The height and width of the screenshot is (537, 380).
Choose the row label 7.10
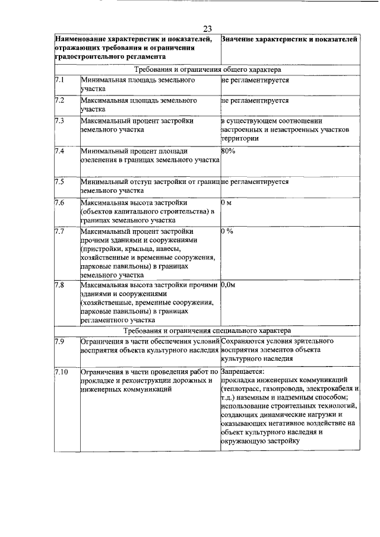pos(61,371)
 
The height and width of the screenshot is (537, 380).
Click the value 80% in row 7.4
pos(227,151)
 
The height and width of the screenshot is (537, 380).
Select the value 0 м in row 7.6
pos(225,203)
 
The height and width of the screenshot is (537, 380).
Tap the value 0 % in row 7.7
pos(227,231)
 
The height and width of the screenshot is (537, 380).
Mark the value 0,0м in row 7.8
pos(228,285)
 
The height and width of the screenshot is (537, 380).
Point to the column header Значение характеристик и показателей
pos(289,39)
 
